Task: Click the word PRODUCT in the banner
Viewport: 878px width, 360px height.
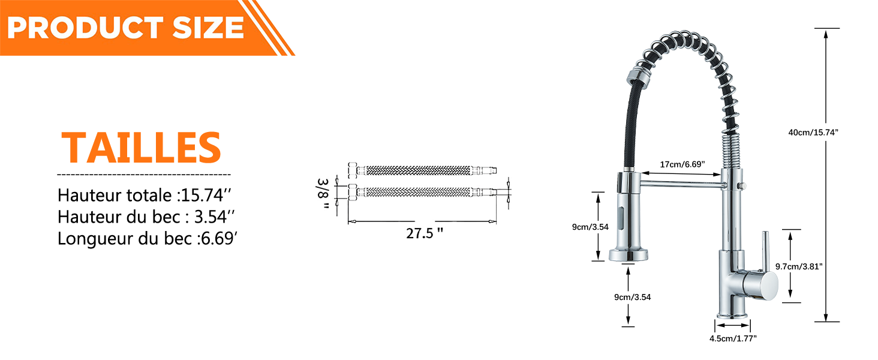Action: [x=85, y=28]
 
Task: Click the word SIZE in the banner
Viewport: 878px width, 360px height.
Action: [x=208, y=28]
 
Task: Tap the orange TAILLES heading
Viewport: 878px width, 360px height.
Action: [x=142, y=148]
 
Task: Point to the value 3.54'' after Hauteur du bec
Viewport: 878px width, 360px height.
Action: [x=215, y=217]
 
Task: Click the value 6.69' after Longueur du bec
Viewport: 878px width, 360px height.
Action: [x=219, y=238]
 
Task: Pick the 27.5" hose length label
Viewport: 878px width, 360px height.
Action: [x=425, y=233]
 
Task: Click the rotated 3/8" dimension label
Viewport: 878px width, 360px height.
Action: [x=323, y=194]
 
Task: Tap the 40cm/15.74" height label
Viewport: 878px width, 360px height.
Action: [x=813, y=133]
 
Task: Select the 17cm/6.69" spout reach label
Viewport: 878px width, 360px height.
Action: [x=682, y=164]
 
